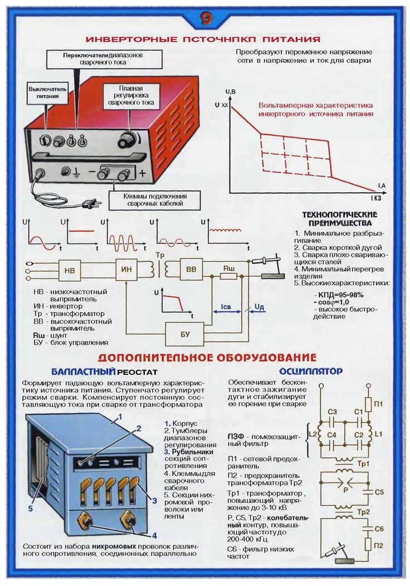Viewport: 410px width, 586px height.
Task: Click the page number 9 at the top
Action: pyautogui.click(x=204, y=18)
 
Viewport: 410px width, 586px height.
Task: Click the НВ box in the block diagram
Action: pyautogui.click(x=70, y=271)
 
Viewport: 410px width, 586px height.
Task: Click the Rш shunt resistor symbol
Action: pyautogui.click(x=228, y=275)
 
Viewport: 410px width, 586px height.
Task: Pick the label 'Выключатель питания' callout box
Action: pyautogui.click(x=48, y=92)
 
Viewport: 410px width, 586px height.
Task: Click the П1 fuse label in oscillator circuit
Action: pyautogui.click(x=378, y=403)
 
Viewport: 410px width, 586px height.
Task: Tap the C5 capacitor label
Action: pyautogui.click(x=379, y=492)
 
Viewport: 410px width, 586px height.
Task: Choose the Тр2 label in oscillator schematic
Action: pyautogui.click(x=364, y=512)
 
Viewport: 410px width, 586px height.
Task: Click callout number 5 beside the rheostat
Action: pyautogui.click(x=31, y=509)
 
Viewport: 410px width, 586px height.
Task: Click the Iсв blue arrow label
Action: pyautogui.click(x=226, y=306)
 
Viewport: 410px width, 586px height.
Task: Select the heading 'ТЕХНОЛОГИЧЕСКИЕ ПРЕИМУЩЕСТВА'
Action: pyautogui.click(x=339, y=218)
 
